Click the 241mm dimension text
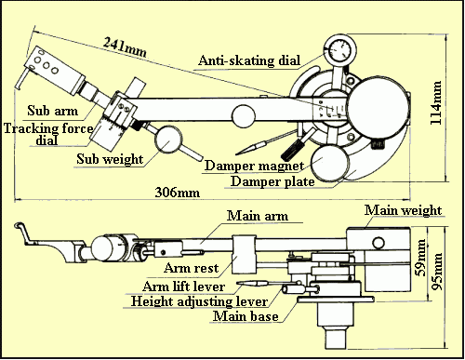pyautogui.click(x=125, y=47)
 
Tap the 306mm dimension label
pyautogui.click(x=178, y=193)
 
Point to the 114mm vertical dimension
pyautogui.click(x=435, y=102)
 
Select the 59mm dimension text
pyautogui.click(x=421, y=258)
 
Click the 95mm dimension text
pyautogui.click(x=437, y=272)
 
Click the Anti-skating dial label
pyautogui.click(x=249, y=60)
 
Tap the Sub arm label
pyautogui.click(x=52, y=111)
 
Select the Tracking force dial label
pyautogui.click(x=48, y=134)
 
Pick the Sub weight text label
pyautogui.click(x=110, y=159)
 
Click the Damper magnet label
pyautogui.click(x=254, y=166)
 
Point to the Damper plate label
pyautogui.click(x=272, y=181)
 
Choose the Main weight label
pyautogui.click(x=403, y=210)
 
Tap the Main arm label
pyautogui.click(x=258, y=216)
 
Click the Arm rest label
pyautogui.click(x=192, y=268)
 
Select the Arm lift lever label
pyautogui.click(x=183, y=287)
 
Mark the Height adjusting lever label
pyautogui.click(x=199, y=301)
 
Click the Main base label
pyautogui.click(x=246, y=316)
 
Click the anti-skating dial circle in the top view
pyautogui.click(x=340, y=50)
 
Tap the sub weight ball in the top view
pyautogui.click(x=168, y=139)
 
